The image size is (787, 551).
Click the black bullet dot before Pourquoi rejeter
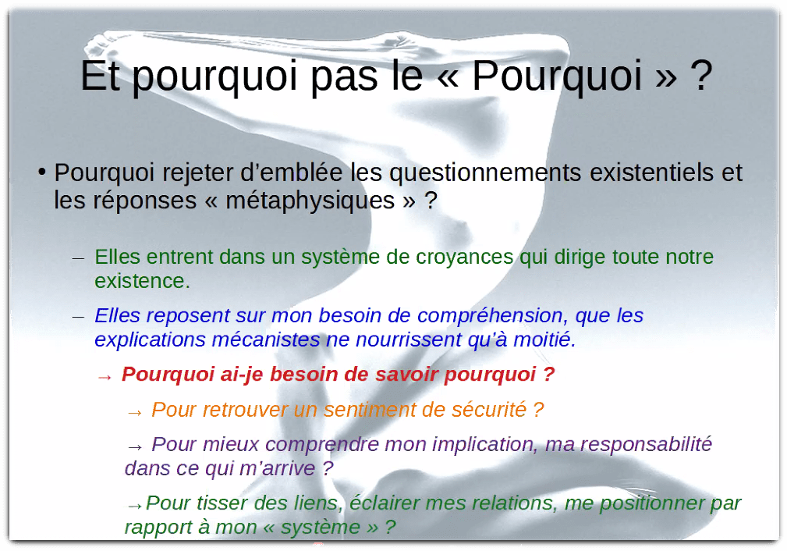44,172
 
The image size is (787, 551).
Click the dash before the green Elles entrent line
78,258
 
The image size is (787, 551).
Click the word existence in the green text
140,281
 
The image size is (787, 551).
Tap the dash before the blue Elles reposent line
78,317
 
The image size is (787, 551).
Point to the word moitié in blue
546,340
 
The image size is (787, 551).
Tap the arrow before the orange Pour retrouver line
135,411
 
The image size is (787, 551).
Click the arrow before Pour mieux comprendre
135,446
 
